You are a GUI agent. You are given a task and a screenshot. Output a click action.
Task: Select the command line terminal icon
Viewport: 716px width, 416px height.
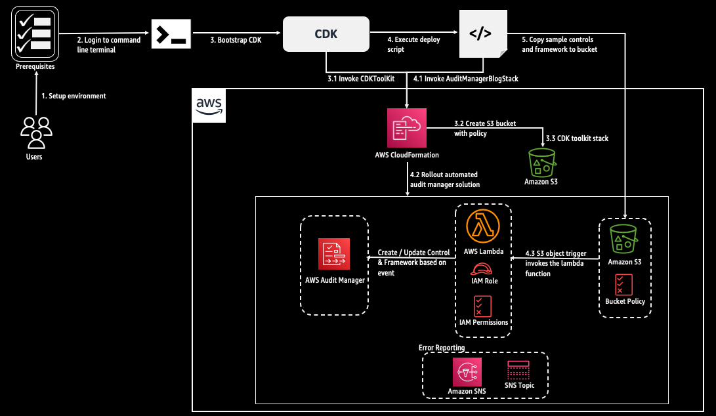[x=171, y=34]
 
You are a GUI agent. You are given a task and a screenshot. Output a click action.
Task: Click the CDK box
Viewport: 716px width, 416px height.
[x=326, y=34]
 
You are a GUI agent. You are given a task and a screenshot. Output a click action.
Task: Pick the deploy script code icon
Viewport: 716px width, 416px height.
[x=480, y=34]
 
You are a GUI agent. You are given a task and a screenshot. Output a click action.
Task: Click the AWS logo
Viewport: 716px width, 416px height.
[x=209, y=106]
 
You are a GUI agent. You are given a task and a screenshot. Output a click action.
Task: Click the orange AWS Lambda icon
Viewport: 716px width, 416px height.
[x=485, y=227]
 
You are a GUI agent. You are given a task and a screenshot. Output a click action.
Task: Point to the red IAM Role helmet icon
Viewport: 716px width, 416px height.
[x=484, y=269]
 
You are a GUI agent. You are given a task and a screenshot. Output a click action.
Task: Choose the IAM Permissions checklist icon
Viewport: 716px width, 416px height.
[x=483, y=306]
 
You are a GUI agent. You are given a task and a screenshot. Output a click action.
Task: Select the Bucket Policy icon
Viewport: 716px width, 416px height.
[x=624, y=284]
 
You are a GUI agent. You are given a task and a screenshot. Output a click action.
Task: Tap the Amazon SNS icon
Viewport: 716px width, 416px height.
[x=467, y=371]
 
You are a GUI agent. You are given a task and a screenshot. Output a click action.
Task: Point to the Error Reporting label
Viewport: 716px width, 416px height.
[x=442, y=348]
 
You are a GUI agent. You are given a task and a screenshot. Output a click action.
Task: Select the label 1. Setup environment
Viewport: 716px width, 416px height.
[x=74, y=96]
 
